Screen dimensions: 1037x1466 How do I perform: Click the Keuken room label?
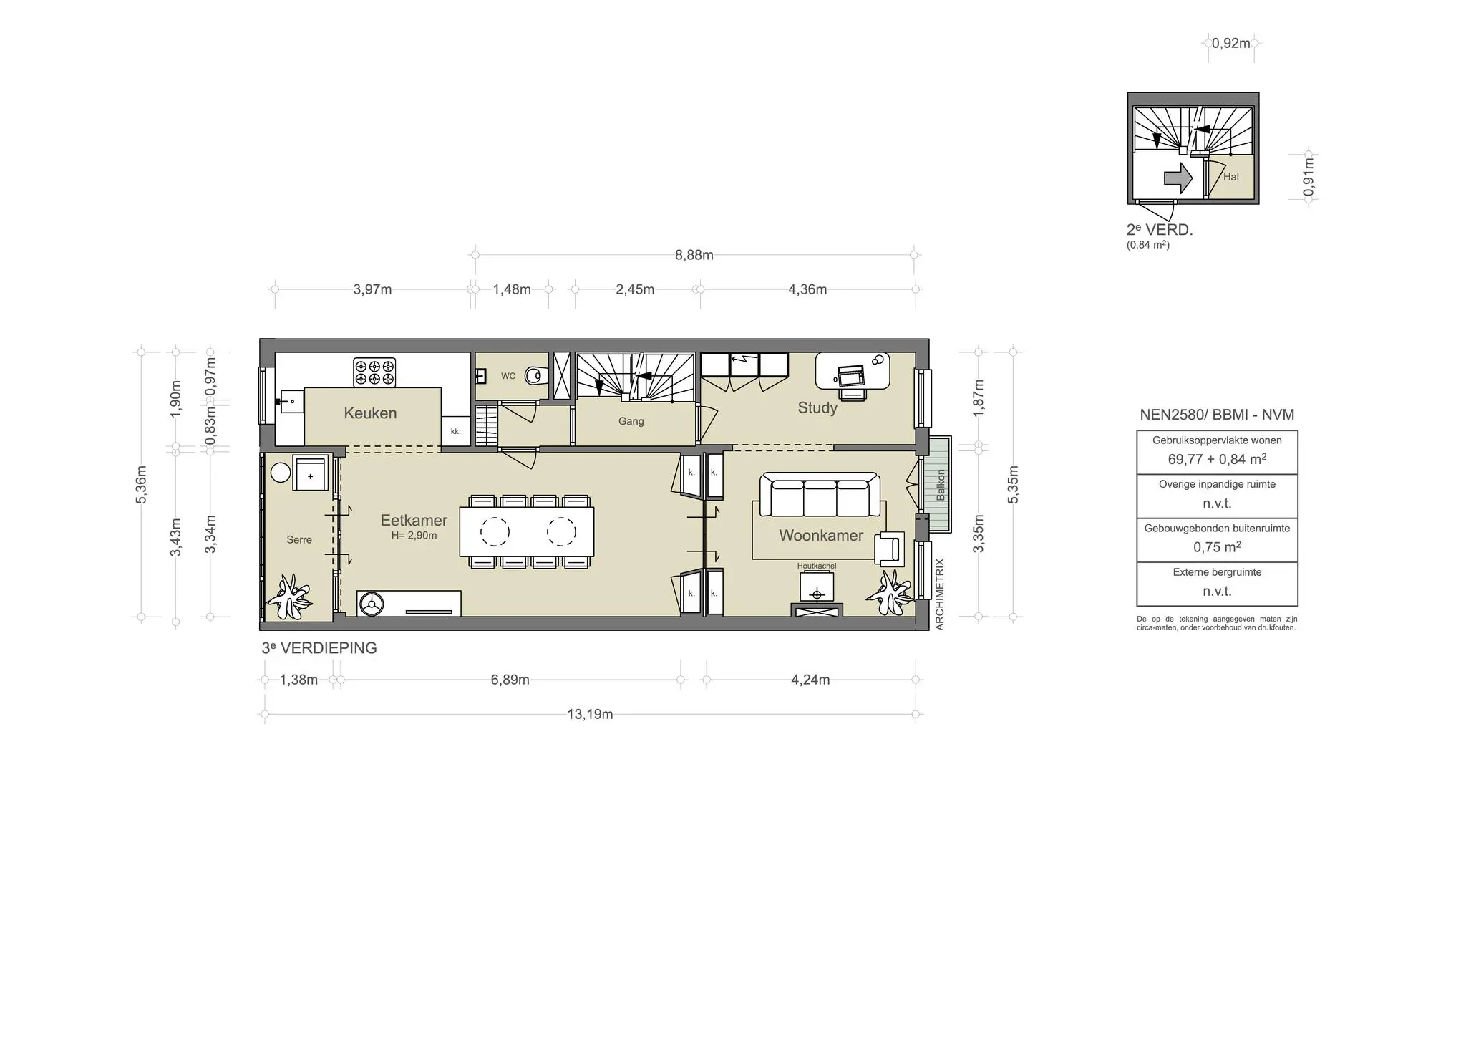pyautogui.click(x=369, y=413)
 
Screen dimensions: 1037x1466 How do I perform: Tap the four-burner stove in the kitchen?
pyautogui.click(x=374, y=372)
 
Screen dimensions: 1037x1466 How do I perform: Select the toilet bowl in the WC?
pyautogui.click(x=534, y=375)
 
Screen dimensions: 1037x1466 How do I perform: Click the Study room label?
pyautogui.click(x=817, y=407)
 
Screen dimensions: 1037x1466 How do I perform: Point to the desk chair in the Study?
pyautogui.click(x=852, y=392)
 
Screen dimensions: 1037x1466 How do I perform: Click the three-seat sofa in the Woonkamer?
pyautogui.click(x=819, y=495)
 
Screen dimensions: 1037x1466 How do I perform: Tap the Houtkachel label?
pyautogui.click(x=816, y=566)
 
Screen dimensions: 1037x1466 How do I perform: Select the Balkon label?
pyautogui.click(x=941, y=485)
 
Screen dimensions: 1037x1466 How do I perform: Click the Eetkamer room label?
pyautogui.click(x=414, y=521)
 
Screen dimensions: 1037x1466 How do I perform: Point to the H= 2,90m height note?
pyautogui.click(x=414, y=536)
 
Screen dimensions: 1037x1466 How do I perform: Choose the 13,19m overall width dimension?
pyautogui.click(x=590, y=714)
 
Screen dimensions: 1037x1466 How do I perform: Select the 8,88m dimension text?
pyautogui.click(x=694, y=255)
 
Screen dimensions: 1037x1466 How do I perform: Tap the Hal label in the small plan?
pyautogui.click(x=1230, y=177)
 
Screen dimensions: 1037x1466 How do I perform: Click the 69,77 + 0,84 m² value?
pyautogui.click(x=1217, y=459)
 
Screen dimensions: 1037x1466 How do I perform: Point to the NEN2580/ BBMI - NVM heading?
pyautogui.click(x=1217, y=415)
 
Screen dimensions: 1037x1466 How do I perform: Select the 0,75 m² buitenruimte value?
pyautogui.click(x=1217, y=547)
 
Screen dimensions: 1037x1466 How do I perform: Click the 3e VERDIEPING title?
pyautogui.click(x=319, y=647)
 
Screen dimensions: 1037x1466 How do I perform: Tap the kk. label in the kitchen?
pyautogui.click(x=455, y=431)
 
